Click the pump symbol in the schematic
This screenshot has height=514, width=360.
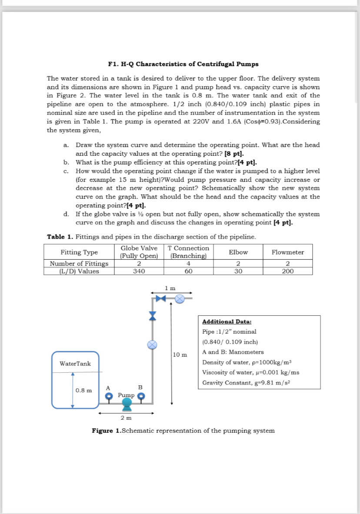[x=127, y=404]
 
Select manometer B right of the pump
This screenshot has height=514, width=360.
[x=141, y=396]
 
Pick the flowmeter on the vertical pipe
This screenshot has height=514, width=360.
[x=152, y=344]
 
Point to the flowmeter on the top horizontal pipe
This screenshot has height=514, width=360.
[x=180, y=298]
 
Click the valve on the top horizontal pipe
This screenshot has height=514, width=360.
[x=162, y=298]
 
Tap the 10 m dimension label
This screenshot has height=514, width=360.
[x=180, y=354]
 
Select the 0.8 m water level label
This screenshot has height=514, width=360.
[x=83, y=390]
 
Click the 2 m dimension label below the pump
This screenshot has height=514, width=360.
[x=126, y=418]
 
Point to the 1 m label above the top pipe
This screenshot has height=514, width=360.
[x=171, y=288]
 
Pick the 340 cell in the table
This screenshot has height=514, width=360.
[x=139, y=271]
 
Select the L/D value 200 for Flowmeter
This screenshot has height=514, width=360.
[x=287, y=271]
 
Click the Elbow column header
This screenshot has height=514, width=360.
[x=238, y=252]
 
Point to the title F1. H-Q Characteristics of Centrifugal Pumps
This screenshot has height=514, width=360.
[x=183, y=64]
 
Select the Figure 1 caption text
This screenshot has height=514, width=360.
[x=183, y=431]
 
